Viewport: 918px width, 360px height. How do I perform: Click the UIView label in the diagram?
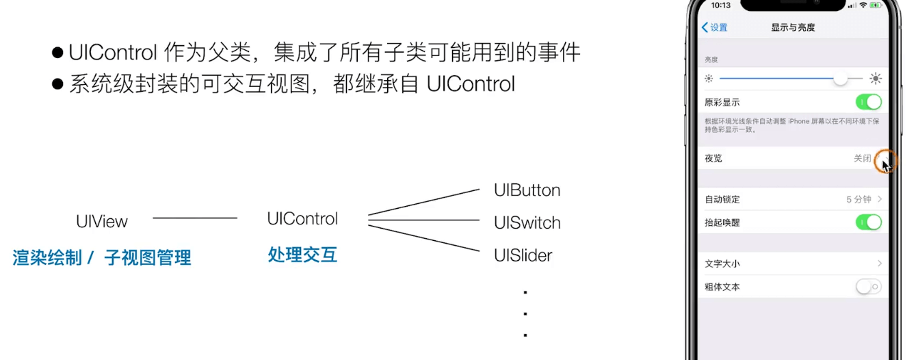click(102, 221)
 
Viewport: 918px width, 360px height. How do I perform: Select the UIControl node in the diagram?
click(302, 219)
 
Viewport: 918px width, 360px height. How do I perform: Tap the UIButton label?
click(527, 190)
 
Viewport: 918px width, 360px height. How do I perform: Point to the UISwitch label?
click(527, 223)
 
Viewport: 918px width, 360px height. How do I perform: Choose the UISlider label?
click(523, 256)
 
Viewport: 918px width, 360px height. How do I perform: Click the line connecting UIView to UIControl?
click(195, 218)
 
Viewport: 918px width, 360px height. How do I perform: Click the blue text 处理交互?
click(302, 255)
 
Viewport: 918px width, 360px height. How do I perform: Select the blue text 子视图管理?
click(148, 258)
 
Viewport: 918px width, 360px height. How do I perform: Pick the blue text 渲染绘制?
click(47, 258)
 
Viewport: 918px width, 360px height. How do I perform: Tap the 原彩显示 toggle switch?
click(868, 103)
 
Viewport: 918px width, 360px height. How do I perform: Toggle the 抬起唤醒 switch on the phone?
click(868, 222)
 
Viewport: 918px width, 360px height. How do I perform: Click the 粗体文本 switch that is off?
click(868, 287)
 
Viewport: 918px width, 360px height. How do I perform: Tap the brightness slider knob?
click(840, 79)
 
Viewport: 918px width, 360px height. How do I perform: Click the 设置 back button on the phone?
click(715, 27)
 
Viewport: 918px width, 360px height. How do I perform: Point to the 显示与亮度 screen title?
click(793, 27)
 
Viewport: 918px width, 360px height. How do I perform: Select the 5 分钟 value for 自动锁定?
click(858, 200)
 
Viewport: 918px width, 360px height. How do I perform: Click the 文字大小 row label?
click(722, 263)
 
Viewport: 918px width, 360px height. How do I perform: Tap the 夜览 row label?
click(713, 158)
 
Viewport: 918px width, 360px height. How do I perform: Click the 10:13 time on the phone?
click(721, 5)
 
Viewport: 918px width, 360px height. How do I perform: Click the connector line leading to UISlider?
click(424, 238)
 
